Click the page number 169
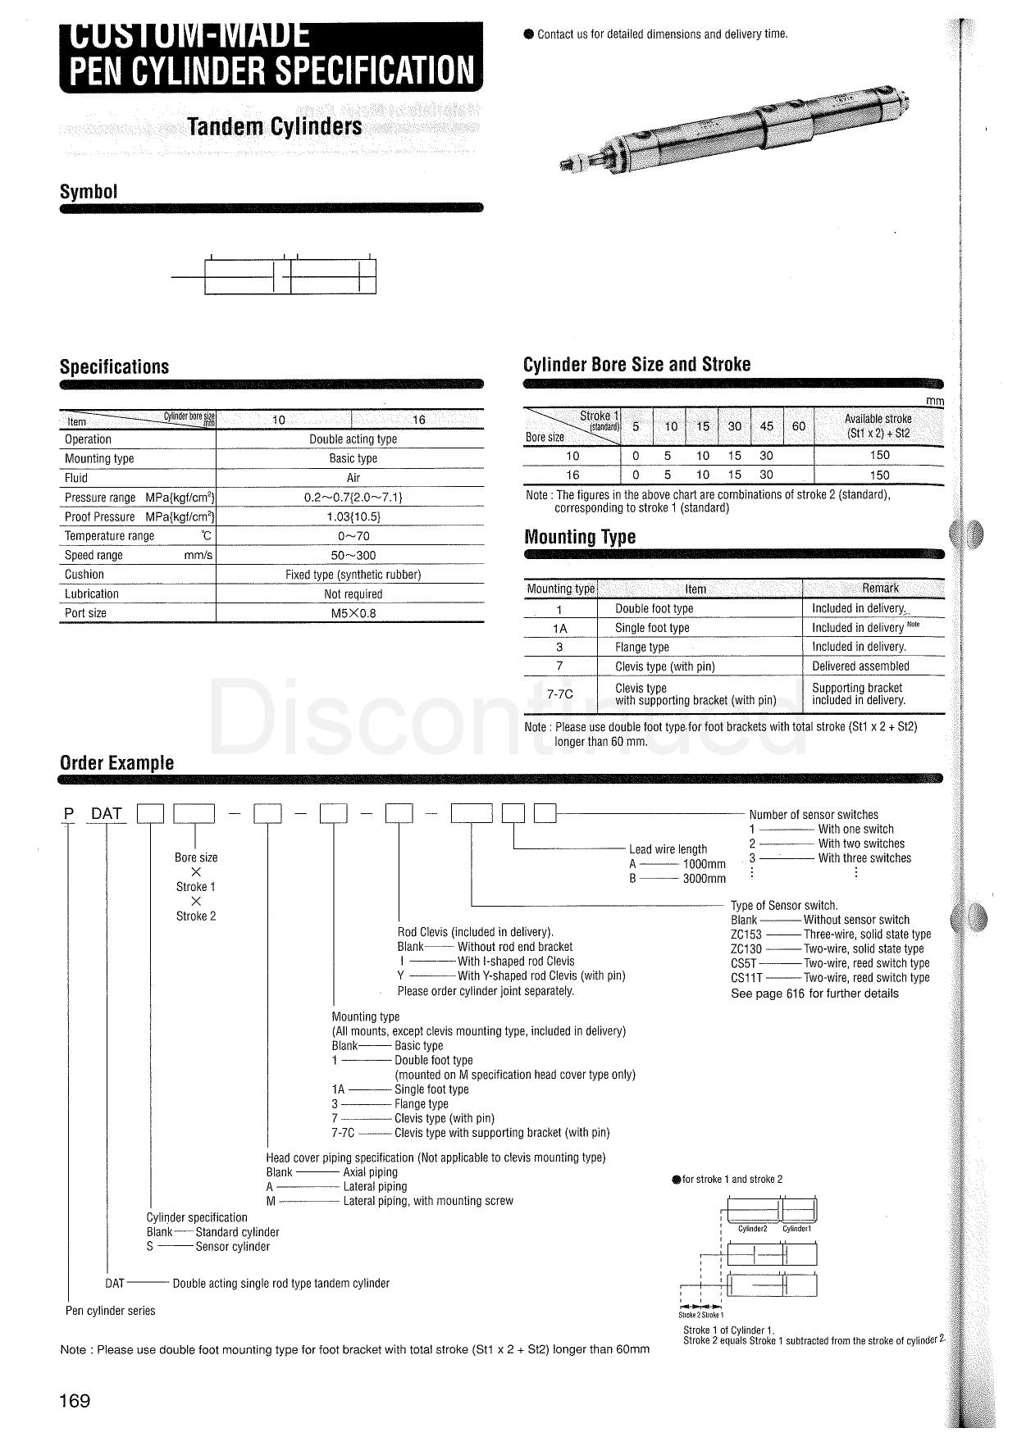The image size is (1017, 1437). pos(75,1400)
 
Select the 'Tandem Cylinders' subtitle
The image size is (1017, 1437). pos(274,127)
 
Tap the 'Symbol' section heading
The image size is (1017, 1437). pos(89,192)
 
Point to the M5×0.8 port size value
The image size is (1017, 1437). pos(353,613)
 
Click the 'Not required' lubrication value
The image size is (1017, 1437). pos(353,593)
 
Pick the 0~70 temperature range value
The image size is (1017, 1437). pos(353,536)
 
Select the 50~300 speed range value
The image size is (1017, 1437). pos(353,555)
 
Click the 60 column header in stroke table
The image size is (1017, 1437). pos(798,426)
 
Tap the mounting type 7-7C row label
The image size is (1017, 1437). pos(560,694)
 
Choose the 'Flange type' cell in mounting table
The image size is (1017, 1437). pos(641,647)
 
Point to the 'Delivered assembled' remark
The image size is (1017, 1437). pos(860,666)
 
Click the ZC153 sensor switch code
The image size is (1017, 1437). pos(746,935)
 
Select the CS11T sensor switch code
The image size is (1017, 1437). pos(746,978)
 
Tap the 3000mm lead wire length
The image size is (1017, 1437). pos(704,879)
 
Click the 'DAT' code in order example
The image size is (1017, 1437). pos(107,813)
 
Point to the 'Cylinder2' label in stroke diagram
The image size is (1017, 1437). pos(752,1229)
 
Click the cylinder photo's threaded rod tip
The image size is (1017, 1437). pos(567,166)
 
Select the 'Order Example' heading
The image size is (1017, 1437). pos(116,763)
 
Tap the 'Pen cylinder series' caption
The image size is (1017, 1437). pos(110,1311)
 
